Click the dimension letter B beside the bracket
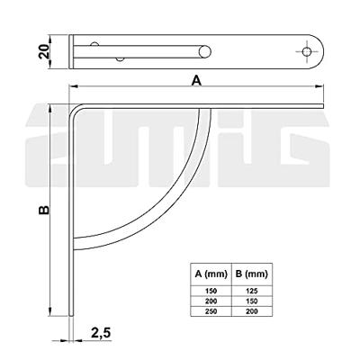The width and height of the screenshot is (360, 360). (x=44, y=208)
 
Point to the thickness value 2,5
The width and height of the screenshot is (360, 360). (x=101, y=333)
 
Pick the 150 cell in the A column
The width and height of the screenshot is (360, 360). (x=211, y=290)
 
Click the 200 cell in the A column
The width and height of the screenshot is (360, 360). (x=211, y=300)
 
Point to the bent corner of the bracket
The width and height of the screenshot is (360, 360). (x=74, y=111)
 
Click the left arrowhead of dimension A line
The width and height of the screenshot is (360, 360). (x=75, y=87)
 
